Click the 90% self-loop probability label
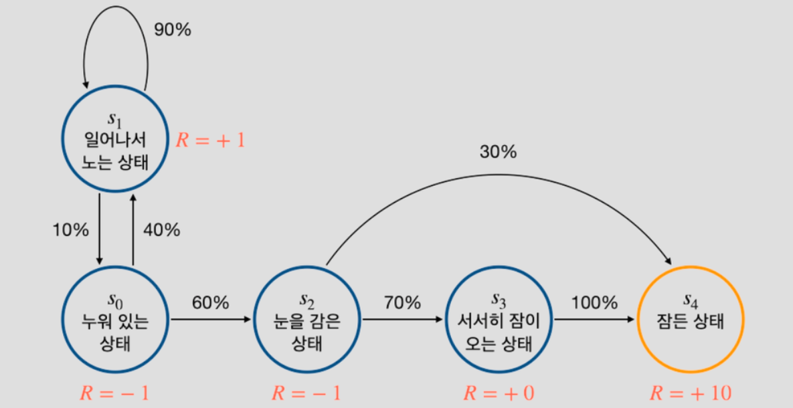pos(173,30)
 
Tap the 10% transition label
pos(70,230)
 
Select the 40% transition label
pos(162,230)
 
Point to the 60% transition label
pos(210,302)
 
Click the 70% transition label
pos(402,302)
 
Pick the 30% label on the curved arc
pos(498,152)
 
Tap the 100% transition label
pos(594,302)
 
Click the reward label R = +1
pos(211,140)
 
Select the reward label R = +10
pos(691,393)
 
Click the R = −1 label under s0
pos(114,393)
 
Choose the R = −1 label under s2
pos(306,393)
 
